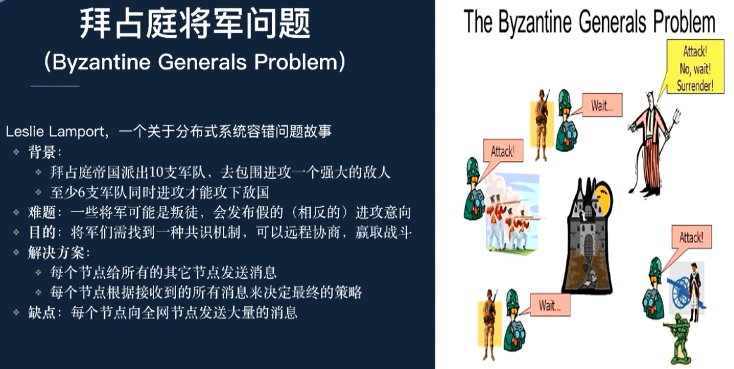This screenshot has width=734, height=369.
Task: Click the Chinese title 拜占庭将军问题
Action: pyautogui.click(x=195, y=24)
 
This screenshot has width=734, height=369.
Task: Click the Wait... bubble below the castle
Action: pyautogui.click(x=549, y=305)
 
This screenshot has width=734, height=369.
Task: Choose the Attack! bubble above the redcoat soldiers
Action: pyautogui.click(x=502, y=152)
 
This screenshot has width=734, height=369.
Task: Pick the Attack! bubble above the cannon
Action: pyautogui.click(x=691, y=238)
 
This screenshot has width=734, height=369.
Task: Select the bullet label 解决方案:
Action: pyautogui.click(x=54, y=252)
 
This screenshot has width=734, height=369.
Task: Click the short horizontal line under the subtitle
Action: pyautogui.click(x=55, y=86)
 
